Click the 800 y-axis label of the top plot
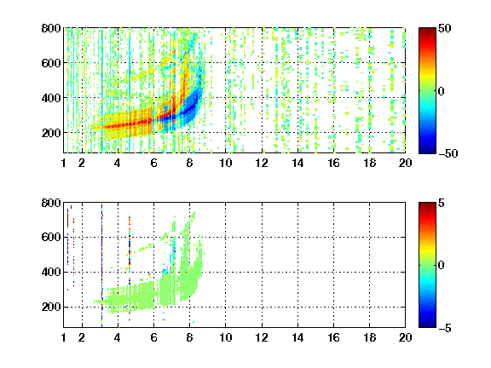pos(51,28)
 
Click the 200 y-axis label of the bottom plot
pos(51,307)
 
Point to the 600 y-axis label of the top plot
pos(51,63)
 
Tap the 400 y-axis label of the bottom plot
pos(51,272)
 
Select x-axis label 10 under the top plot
pos(225,163)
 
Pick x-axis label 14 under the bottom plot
pos(297,337)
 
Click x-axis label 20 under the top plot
pos(405,163)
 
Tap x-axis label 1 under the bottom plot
pos(64,337)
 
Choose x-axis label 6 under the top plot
pos(153,163)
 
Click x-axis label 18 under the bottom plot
pos(369,337)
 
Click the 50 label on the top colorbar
pos(444,28)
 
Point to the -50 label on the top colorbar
pos(448,153)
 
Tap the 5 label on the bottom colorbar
pos(442,203)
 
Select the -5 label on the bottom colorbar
pos(445,328)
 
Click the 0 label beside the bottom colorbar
pos(442,266)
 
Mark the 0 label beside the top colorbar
pos(442,91)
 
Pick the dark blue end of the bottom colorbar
pos(427,325)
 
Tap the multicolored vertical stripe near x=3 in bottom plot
pos(101,266)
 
